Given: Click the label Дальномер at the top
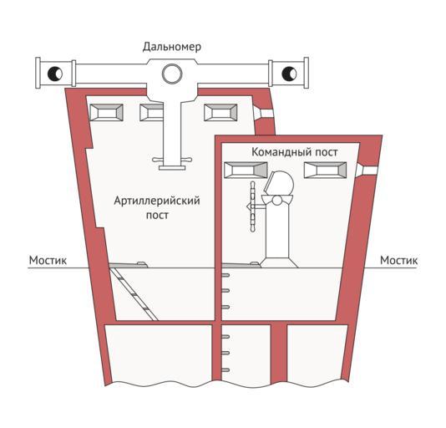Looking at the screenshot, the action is pos(172,47).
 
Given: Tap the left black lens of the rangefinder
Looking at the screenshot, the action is pos(55,74).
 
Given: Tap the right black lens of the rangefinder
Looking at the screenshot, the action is pos(289,74).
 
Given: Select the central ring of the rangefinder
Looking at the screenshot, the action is pos(172,74).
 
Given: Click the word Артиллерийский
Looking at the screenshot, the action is pos(157,201).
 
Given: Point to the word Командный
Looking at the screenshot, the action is pos(279,152).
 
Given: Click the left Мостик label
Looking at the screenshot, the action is pos(48,260).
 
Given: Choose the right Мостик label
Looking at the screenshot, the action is pos(398,260).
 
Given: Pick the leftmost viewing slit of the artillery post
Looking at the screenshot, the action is pos(106,113).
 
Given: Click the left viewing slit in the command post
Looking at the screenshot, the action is pos(246,170).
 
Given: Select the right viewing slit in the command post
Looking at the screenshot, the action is pos(326,170).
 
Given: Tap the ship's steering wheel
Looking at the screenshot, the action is pos(252,206).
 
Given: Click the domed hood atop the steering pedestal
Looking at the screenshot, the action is pos(279,183).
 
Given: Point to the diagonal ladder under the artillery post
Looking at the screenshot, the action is pos(134,294).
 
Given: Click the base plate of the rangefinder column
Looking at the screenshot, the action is pos(172,168).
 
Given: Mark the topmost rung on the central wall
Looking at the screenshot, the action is pos(226,275).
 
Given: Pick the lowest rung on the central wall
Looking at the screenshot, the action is pos(226,370).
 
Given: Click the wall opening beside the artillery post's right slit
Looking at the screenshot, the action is pos(264,113).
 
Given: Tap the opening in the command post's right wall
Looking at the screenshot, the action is pos(367,170).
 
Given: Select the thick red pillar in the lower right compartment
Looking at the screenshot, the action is pos(278,353).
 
